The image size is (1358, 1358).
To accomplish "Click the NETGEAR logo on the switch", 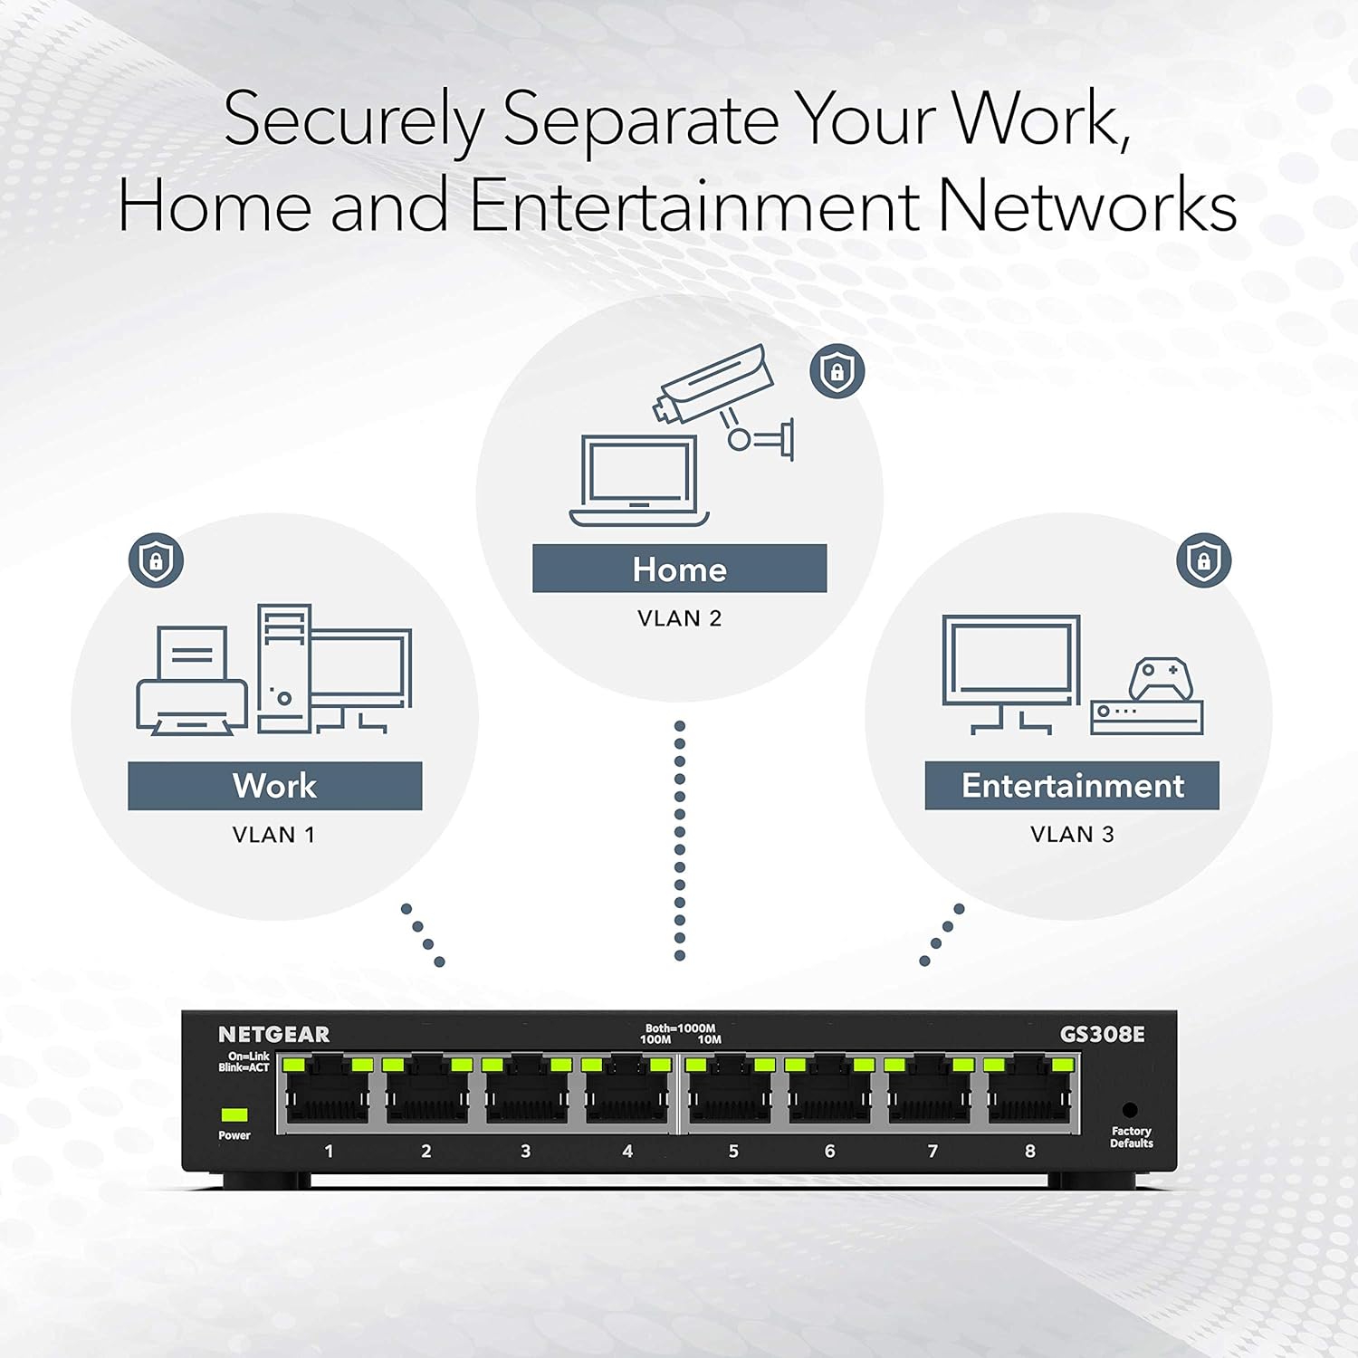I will [273, 1034].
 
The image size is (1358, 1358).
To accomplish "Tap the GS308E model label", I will [1102, 1034].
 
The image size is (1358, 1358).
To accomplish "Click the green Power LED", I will [234, 1114].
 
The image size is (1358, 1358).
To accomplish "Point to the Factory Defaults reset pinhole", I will [1129, 1110].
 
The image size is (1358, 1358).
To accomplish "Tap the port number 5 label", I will [733, 1152].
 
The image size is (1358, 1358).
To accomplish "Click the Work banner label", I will [274, 786].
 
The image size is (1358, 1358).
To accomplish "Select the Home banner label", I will [679, 569].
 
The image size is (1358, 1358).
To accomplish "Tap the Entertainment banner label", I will [1072, 786].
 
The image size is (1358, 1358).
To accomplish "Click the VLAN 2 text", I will [679, 618].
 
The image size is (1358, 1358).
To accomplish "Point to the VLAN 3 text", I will [1072, 834].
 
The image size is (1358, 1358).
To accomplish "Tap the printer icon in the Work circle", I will [192, 681].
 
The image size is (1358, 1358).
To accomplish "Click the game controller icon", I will [1160, 679].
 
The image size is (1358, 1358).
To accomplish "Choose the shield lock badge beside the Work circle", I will [157, 560].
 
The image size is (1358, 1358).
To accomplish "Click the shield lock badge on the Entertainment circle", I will [1203, 560].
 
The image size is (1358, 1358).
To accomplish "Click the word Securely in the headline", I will [354, 120].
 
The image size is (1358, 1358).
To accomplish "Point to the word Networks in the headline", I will [1086, 206].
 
